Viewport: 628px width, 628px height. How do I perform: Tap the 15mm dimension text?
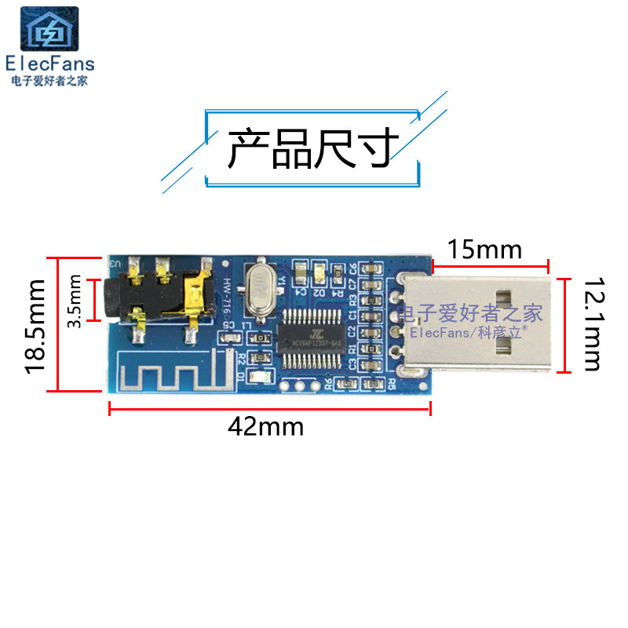(484, 250)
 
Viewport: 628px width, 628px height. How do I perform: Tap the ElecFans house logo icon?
(49, 31)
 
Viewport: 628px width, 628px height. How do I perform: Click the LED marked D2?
(319, 274)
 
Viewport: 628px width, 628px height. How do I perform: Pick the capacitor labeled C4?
(300, 274)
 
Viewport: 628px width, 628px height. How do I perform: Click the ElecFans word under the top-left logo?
(49, 64)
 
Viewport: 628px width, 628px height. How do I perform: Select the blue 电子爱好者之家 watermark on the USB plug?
(469, 314)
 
